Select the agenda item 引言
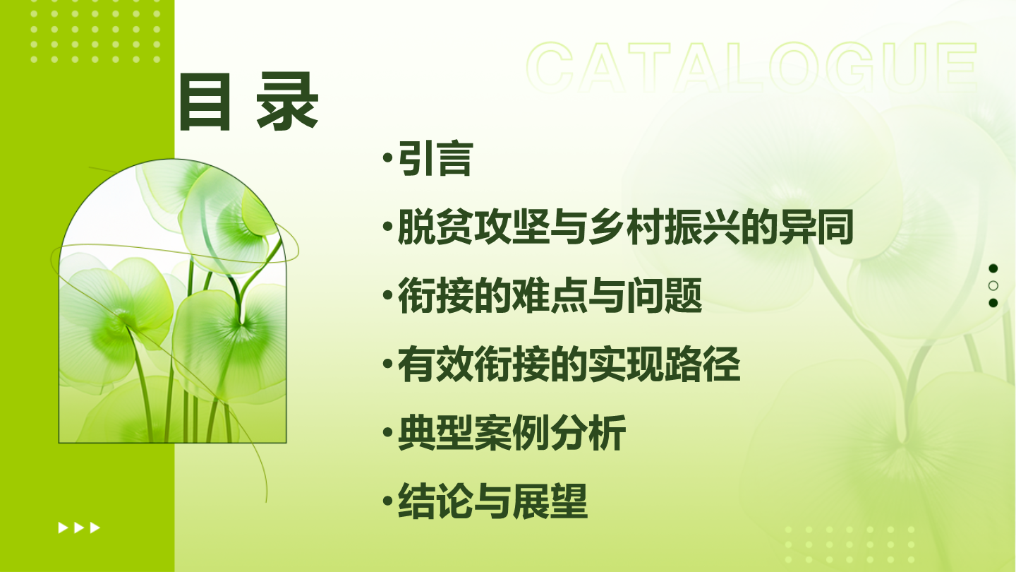(x=435, y=158)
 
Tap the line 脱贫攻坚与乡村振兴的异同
(x=625, y=227)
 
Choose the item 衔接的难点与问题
(x=550, y=295)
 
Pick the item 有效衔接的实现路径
(x=569, y=364)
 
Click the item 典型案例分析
(x=512, y=433)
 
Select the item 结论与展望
(x=492, y=501)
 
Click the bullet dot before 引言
(x=387, y=158)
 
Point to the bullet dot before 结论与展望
(x=387, y=501)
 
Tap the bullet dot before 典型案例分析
(x=387, y=433)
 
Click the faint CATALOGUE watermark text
(x=751, y=66)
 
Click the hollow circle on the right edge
(x=993, y=285)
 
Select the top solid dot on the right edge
(x=993, y=268)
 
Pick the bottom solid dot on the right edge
(x=993, y=303)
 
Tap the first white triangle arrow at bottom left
(x=63, y=528)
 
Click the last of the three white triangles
(x=95, y=528)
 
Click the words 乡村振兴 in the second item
(x=663, y=227)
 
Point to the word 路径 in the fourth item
(x=702, y=364)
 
